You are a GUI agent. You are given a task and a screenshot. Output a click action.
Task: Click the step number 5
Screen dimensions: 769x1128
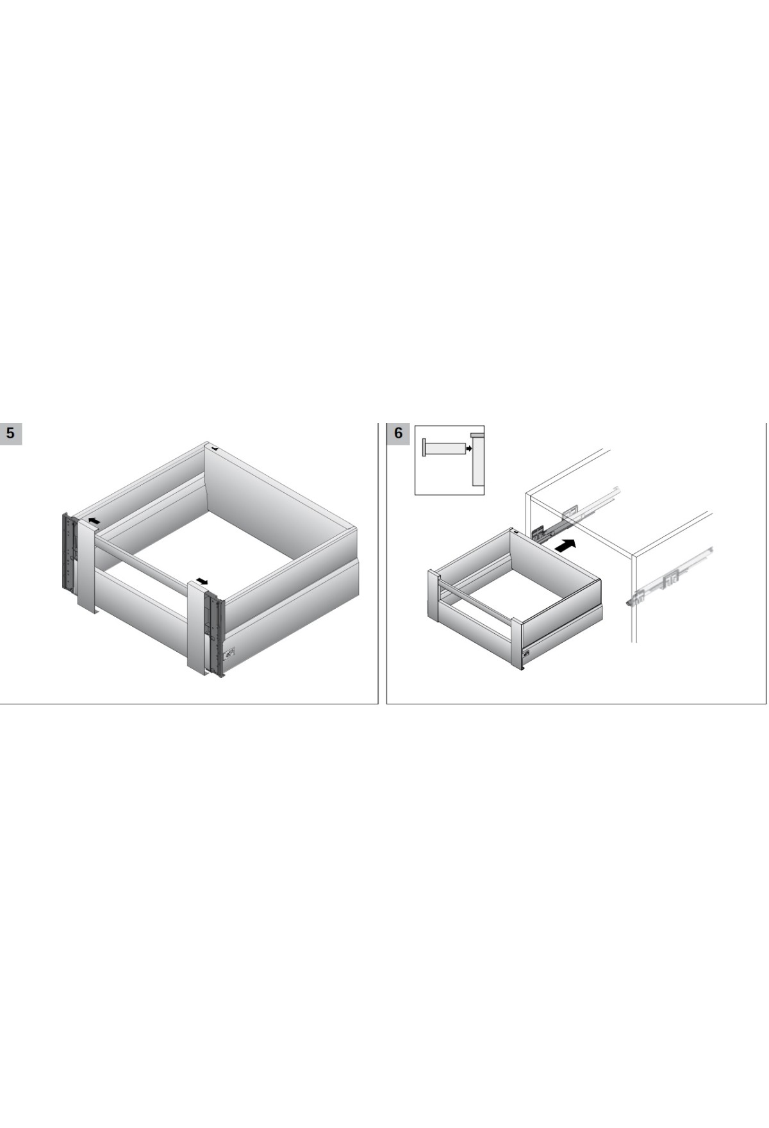coord(10,433)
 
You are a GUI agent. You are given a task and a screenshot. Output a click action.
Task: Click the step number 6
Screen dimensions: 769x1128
coord(398,433)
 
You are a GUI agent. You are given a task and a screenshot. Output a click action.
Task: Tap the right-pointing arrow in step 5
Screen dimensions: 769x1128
coord(203,581)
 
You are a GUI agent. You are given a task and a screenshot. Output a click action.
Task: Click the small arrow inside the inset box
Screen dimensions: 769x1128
coord(468,449)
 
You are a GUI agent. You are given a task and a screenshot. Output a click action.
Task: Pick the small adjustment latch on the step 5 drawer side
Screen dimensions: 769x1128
coord(229,653)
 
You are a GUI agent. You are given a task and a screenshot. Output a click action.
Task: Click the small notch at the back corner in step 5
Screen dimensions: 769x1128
coord(215,448)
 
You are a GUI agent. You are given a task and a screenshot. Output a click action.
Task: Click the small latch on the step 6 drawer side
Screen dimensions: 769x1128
coord(526,654)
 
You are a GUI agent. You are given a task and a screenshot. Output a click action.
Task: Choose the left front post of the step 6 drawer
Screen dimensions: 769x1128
coord(433,596)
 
